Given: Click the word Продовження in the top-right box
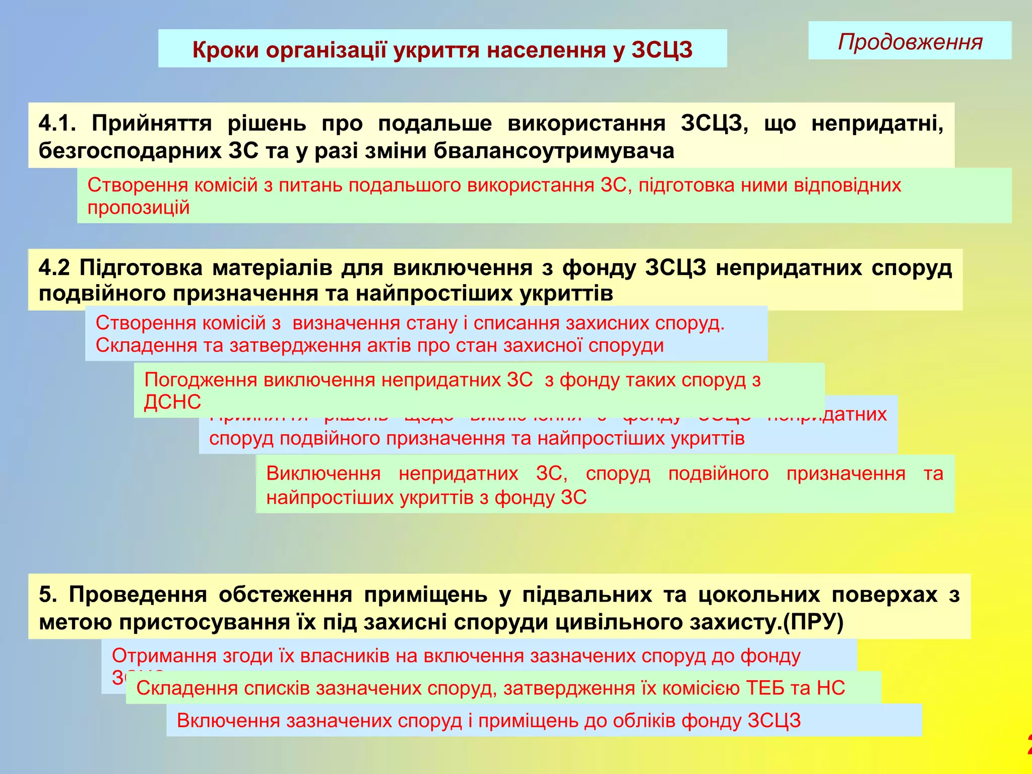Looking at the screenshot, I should click(x=910, y=42).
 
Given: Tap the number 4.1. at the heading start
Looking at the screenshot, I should click(x=57, y=123).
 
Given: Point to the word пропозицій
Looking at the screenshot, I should click(x=139, y=208).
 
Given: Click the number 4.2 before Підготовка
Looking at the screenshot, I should click(x=53, y=268).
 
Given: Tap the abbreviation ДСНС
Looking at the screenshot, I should click(x=172, y=402).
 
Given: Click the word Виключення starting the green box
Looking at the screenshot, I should click(x=323, y=474).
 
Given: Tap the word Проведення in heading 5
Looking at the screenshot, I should click(x=138, y=595).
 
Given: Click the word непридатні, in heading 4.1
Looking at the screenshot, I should click(x=877, y=123).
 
